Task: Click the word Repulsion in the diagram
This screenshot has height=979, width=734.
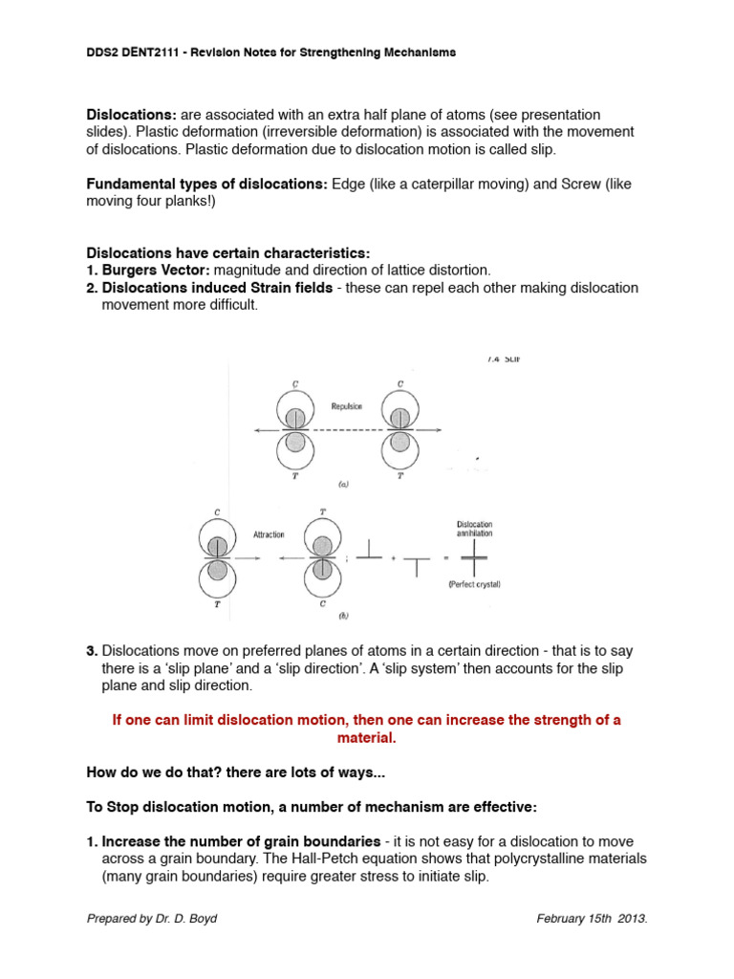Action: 348,405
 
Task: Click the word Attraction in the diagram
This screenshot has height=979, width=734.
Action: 269,534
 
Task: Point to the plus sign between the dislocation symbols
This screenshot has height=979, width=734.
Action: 392,557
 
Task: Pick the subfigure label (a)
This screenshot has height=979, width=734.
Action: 342,485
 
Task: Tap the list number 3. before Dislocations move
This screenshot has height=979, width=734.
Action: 92,651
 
